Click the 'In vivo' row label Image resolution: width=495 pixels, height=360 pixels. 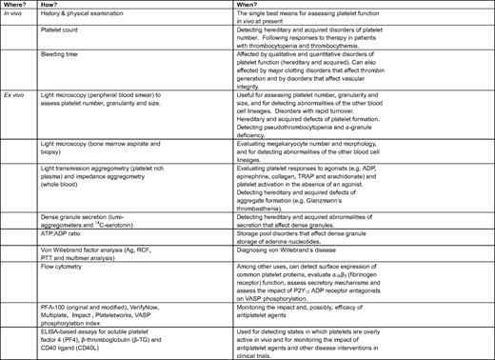pyautogui.click(x=16, y=19)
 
